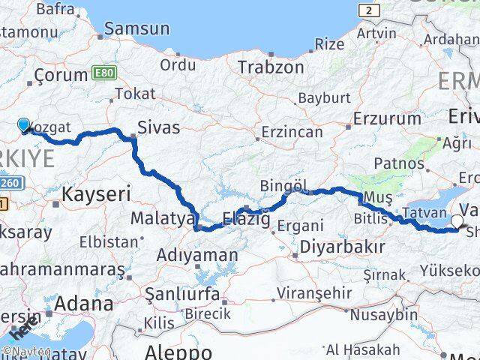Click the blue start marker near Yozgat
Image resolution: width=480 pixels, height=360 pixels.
[23, 125]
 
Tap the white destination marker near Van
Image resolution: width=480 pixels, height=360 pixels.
[458, 221]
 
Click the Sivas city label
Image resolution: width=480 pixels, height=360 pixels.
[158, 127]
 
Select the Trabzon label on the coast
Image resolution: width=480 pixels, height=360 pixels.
[271, 67]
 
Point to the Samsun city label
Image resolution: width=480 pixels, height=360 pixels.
[136, 29]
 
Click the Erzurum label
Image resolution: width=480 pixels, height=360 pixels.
[387, 118]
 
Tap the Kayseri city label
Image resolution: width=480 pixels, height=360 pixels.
[95, 193]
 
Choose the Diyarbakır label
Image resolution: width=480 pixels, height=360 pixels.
[342, 246]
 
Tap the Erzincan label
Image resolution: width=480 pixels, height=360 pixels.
[291, 132]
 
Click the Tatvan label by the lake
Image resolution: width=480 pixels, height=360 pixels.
[425, 213]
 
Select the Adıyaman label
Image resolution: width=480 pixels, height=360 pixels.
[197, 254]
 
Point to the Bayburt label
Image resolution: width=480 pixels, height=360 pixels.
[324, 98]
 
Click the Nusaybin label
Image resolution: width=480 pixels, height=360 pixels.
[383, 314]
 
